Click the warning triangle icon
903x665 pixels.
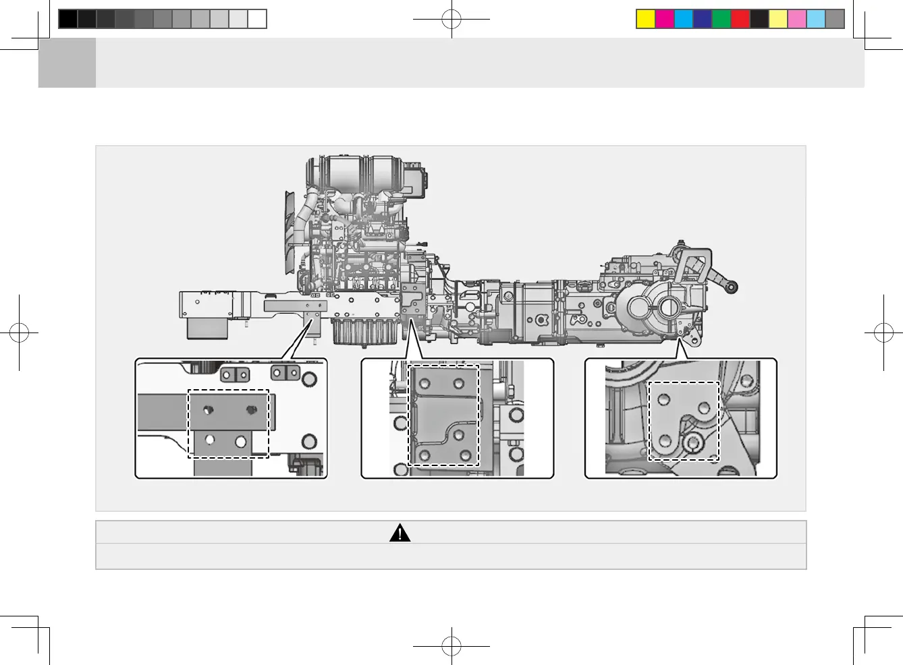[400, 533]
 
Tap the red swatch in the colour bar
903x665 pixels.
[740, 19]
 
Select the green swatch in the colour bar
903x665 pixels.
[721, 19]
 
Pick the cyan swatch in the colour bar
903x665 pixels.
[684, 19]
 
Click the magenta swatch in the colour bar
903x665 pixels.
[665, 19]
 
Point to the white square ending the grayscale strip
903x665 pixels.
[257, 19]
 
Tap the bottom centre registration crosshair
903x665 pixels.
[451, 646]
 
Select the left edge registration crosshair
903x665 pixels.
[20, 332]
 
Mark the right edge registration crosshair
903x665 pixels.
[883, 332]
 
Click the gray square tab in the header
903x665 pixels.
[67, 63]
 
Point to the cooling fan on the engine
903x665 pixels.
[291, 223]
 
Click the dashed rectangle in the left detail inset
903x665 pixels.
[228, 424]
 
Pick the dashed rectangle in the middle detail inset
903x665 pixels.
[443, 415]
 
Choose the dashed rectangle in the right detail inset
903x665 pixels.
[684, 421]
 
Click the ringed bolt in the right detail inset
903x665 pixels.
[692, 442]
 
